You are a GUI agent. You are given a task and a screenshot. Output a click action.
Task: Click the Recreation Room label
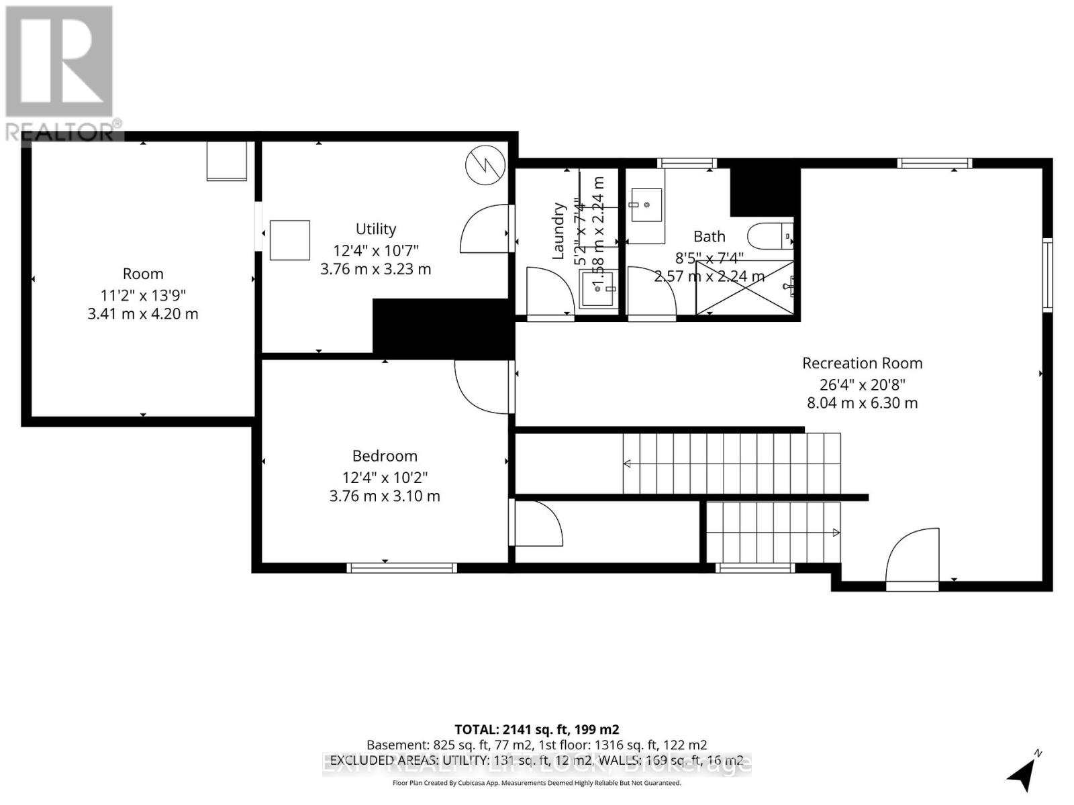pos(862,363)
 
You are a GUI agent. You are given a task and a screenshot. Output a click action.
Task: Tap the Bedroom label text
pos(385,456)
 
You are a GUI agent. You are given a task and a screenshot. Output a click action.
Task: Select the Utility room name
pos(376,229)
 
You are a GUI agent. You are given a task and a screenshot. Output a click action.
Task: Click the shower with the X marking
pos(744,288)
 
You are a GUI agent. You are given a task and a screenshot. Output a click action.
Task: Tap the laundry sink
pos(597,288)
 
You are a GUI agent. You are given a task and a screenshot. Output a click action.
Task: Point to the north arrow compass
pos(1022,775)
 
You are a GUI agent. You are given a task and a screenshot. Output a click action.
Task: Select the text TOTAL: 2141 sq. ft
pos(536,729)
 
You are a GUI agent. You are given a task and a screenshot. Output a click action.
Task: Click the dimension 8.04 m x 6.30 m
pos(862,403)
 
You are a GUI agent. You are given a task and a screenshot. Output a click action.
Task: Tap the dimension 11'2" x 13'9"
pos(142,294)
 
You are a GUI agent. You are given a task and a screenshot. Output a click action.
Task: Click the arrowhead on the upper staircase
pos(628,464)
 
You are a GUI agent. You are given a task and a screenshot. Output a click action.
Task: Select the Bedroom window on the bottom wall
pos(401,568)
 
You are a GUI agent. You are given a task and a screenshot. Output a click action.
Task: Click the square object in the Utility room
pos(290,240)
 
